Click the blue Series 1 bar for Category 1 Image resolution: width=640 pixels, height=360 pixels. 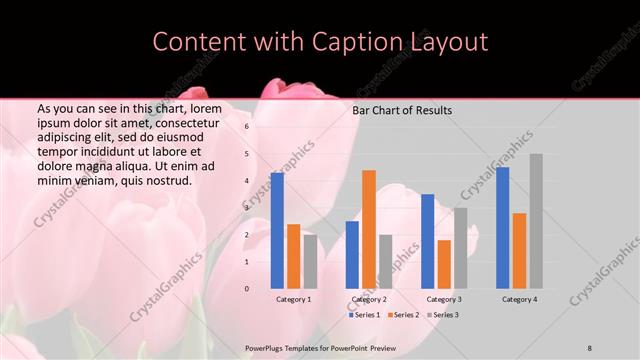click(x=277, y=230)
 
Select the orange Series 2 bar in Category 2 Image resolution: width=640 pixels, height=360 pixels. click(x=369, y=229)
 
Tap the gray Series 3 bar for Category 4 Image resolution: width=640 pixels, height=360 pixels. click(x=536, y=221)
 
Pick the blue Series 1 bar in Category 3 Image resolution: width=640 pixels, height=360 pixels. click(x=428, y=241)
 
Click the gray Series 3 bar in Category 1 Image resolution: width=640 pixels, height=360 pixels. click(x=310, y=261)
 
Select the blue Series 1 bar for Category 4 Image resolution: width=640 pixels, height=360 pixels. click(x=503, y=227)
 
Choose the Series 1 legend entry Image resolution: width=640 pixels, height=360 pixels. click(x=366, y=315)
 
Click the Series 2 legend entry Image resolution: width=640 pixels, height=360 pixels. click(x=403, y=315)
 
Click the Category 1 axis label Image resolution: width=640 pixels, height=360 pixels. click(x=294, y=299)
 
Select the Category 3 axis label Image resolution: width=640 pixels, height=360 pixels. click(x=444, y=299)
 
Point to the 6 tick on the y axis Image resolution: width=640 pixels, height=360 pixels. click(x=247, y=127)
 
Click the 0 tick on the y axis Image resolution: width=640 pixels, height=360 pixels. click(x=247, y=288)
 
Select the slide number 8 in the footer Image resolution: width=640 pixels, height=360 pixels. click(x=590, y=348)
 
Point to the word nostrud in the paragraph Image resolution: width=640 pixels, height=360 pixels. click(x=166, y=181)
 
